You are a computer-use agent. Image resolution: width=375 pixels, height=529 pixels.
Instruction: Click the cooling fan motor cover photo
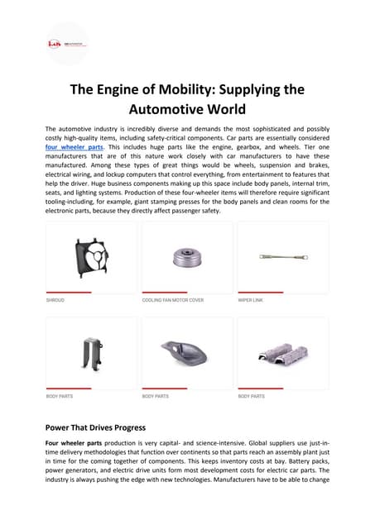click(x=187, y=257)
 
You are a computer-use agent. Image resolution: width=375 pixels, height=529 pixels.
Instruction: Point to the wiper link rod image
click(x=282, y=256)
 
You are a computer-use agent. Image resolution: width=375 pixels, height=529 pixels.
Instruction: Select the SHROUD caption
click(x=55, y=300)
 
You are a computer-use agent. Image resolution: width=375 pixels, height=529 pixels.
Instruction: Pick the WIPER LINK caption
click(x=252, y=300)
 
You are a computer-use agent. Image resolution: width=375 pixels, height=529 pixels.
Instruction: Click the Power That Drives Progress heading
click(x=95, y=427)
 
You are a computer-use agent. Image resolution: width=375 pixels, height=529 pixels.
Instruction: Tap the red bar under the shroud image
click(x=68, y=292)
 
